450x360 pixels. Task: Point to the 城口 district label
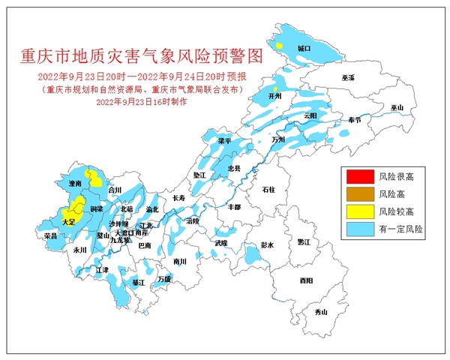(x=304, y=47)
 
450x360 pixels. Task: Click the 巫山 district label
(x=397, y=108)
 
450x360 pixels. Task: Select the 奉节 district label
(x=355, y=120)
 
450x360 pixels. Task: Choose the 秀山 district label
(x=321, y=311)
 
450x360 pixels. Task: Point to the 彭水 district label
(x=268, y=245)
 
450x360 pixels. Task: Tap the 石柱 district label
(x=268, y=190)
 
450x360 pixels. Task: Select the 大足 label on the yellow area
(x=69, y=222)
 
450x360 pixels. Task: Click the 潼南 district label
(x=74, y=183)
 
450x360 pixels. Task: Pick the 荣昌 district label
(x=51, y=235)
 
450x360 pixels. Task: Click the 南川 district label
(x=178, y=262)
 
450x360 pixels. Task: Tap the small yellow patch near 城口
(x=279, y=46)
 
